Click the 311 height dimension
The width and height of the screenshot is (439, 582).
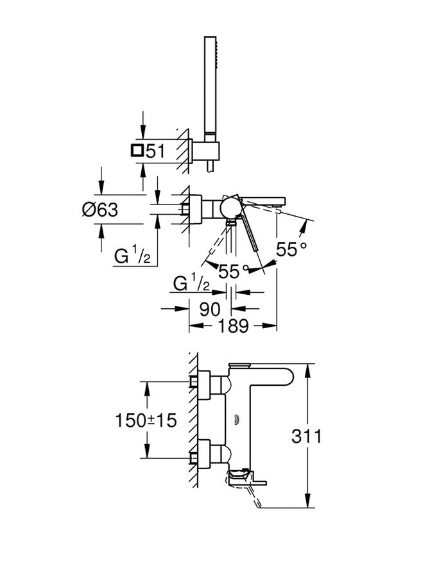click(306, 437)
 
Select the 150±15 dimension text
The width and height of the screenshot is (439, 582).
click(146, 420)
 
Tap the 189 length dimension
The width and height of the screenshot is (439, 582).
click(232, 326)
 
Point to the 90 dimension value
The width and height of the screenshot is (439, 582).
click(210, 308)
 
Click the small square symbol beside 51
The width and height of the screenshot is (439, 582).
click(136, 151)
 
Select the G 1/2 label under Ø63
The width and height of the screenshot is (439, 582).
click(132, 256)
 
